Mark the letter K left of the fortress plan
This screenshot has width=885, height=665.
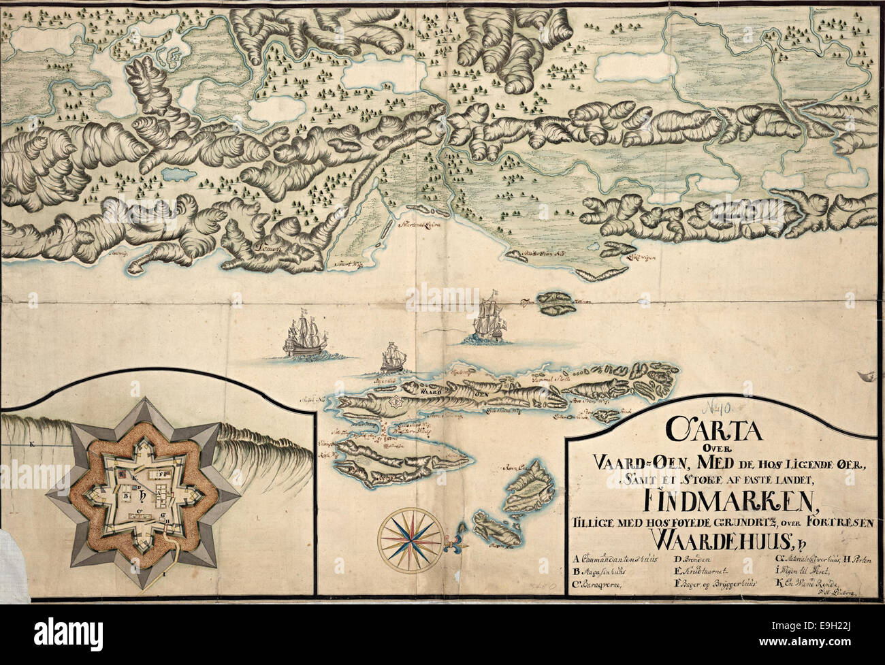click(31, 443)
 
